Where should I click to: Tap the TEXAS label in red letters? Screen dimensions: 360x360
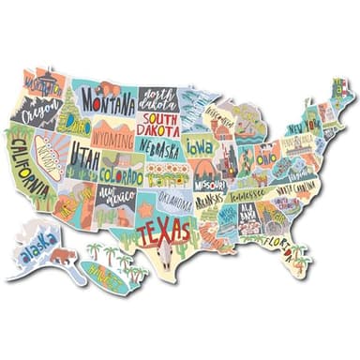(x=165, y=229)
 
